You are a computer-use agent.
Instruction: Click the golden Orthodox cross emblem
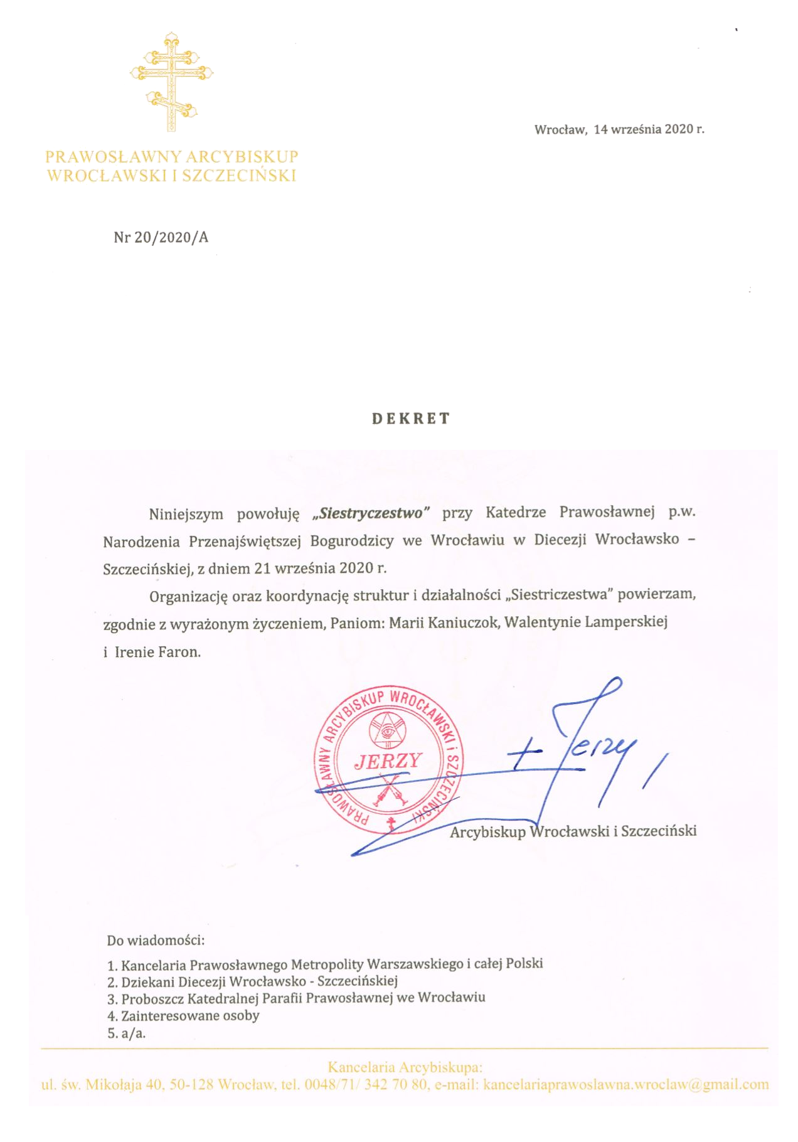coord(171,82)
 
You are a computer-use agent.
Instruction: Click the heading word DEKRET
coord(411,419)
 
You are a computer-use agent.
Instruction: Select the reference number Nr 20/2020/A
coord(161,237)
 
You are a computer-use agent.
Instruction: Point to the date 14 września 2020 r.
coord(649,129)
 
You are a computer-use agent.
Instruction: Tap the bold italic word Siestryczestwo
coord(371,513)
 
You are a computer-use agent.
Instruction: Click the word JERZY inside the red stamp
coord(388,761)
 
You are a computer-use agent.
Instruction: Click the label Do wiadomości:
coord(156,940)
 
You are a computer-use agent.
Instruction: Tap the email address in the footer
coord(625,1084)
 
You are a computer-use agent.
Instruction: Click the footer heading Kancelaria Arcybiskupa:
coord(405,1067)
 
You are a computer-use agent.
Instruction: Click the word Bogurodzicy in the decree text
coord(352,541)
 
